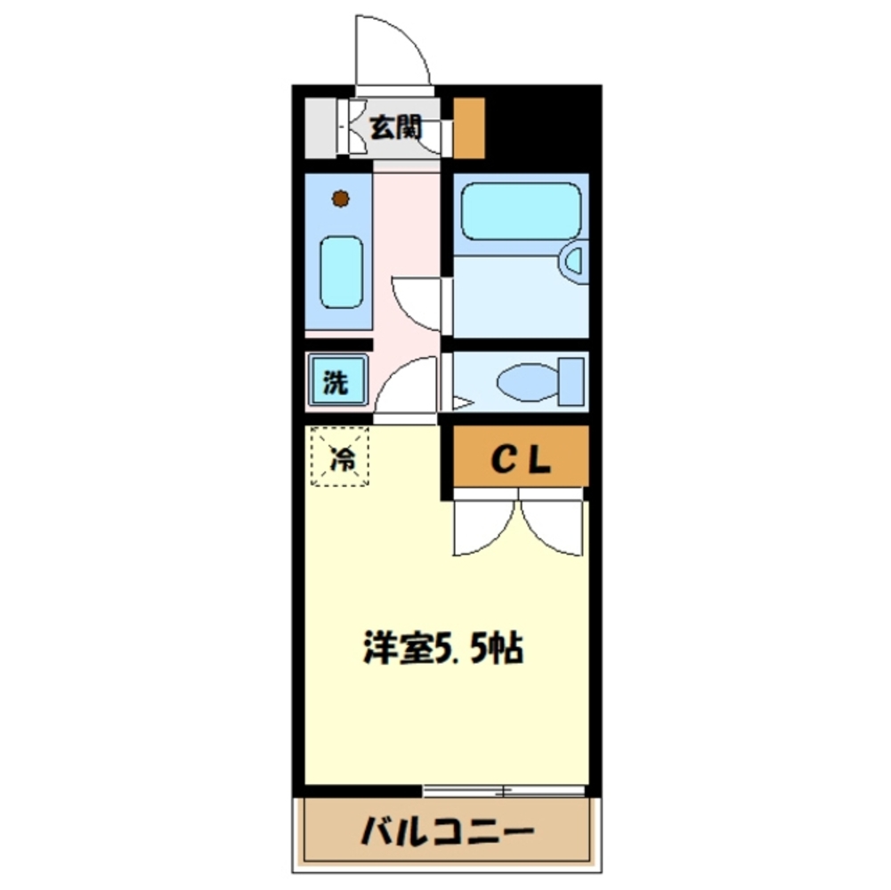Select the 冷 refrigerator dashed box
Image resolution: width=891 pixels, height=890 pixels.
tap(340, 457)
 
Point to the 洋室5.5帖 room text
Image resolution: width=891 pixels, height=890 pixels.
tap(442, 650)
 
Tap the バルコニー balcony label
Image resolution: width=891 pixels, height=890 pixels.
tap(448, 833)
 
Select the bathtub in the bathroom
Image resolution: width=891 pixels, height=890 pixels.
tap(521, 211)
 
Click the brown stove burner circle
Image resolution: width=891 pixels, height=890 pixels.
tap(340, 198)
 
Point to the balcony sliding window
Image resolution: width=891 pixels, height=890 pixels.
tap(504, 789)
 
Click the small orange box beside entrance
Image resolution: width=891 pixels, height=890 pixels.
tap(469, 128)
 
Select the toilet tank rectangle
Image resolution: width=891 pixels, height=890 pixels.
tap(570, 380)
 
